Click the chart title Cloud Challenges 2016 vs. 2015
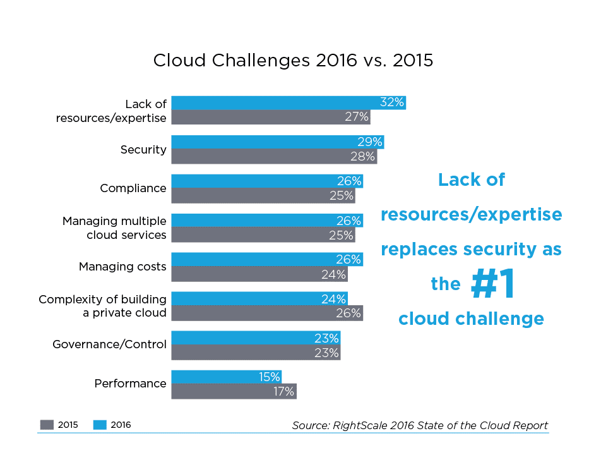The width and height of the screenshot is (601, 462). [x=293, y=61]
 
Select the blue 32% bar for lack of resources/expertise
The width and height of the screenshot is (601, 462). [x=288, y=103]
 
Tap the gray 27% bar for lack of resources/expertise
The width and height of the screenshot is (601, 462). [x=270, y=117]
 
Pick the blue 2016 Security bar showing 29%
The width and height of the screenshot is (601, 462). [x=277, y=142]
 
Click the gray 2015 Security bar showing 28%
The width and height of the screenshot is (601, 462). [x=274, y=156]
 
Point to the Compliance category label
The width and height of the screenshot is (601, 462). [x=133, y=188]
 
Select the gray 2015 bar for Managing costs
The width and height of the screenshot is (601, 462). [x=259, y=274]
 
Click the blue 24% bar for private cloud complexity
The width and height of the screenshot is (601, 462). [x=259, y=298]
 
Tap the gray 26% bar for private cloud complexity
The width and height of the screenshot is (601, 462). [x=266, y=313]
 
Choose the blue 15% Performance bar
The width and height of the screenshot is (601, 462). [x=226, y=377]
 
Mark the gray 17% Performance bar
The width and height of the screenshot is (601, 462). [x=234, y=391]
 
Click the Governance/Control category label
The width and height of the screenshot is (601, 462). [x=109, y=344]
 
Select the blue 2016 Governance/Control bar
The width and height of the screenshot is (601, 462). [x=256, y=337]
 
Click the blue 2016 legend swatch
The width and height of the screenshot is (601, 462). [x=100, y=425]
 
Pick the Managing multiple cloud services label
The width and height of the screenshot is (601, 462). [x=114, y=228]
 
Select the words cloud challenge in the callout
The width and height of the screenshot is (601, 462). [x=471, y=319]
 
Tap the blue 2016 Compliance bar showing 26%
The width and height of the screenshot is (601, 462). [x=266, y=181]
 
